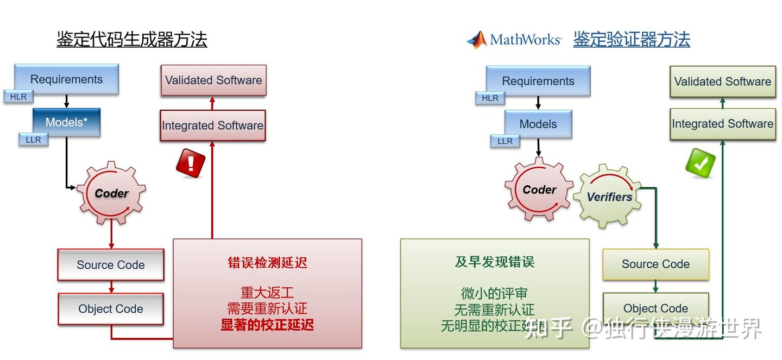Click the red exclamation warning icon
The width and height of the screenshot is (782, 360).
[191, 162]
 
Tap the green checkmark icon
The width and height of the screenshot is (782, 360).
[700, 163]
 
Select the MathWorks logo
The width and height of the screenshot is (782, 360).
[514, 40]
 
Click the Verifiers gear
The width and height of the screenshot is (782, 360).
[609, 197]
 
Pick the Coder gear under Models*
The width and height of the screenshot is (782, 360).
[111, 193]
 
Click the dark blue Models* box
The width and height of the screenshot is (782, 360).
[66, 122]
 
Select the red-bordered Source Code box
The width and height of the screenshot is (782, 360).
[111, 265]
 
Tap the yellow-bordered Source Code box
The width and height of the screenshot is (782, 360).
[655, 264]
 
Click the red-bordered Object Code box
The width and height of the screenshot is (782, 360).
[111, 309]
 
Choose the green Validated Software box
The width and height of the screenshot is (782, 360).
[722, 81]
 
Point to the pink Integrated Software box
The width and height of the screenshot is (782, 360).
[212, 125]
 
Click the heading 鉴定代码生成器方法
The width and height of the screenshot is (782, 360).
[132, 40]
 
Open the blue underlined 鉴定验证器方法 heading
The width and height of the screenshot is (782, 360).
[632, 40]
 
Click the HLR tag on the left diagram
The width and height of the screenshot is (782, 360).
[18, 97]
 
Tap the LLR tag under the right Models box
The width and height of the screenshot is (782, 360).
[504, 141]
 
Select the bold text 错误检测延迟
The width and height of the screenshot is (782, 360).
[267, 263]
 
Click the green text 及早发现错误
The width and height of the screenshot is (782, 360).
[495, 262]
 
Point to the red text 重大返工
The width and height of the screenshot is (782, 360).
[267, 293]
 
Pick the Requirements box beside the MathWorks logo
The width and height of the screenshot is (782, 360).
[538, 81]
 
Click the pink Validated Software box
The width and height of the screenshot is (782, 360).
[213, 80]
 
